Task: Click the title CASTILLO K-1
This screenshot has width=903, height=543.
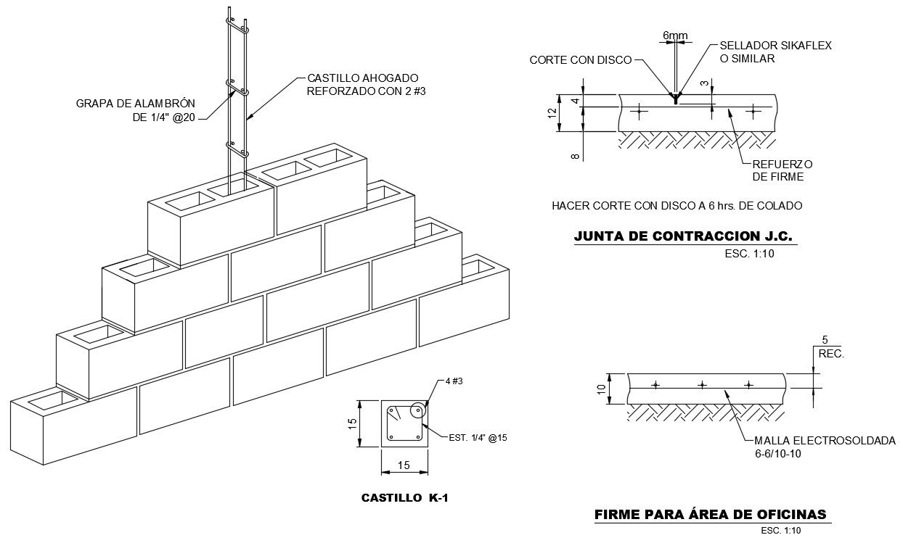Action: coord(408,498)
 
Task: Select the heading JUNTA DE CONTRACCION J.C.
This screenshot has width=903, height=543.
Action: coord(683,236)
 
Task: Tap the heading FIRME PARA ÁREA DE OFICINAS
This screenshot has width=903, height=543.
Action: coord(710,515)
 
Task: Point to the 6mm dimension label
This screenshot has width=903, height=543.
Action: coord(675,35)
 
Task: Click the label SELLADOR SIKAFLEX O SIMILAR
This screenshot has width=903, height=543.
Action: coord(775,52)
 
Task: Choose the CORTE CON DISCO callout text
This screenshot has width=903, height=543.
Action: coord(581,60)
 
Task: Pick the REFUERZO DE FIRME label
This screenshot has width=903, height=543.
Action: coord(782,170)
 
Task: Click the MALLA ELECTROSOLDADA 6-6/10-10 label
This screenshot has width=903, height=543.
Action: coord(825,447)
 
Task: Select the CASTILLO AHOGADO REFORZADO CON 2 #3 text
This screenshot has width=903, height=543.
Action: coord(363,84)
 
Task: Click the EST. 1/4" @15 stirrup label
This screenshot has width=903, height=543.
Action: coord(477,437)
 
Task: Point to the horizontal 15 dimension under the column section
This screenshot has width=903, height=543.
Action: coord(404,466)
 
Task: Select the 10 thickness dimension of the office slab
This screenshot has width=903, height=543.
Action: coord(602,389)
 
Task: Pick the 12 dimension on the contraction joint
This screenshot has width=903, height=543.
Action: coord(552,113)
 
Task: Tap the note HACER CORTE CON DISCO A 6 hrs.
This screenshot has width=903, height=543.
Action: coord(677,206)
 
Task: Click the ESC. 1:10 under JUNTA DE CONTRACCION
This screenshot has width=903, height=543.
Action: coord(751,254)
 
